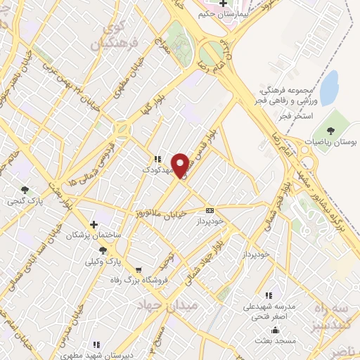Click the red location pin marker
click(x=181, y=167)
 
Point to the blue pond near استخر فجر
click(x=328, y=88)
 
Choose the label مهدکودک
click(x=157, y=170)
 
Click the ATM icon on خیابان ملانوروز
click(x=210, y=210)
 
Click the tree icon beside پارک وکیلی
click(x=103, y=250)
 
